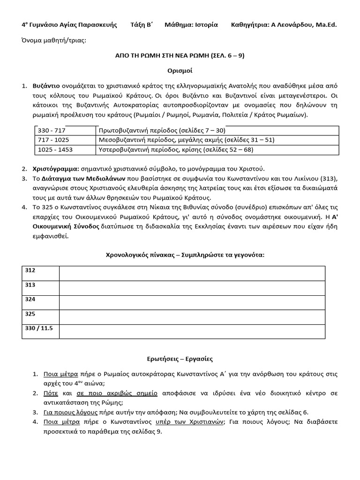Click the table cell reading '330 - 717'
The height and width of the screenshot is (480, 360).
(x=52, y=131)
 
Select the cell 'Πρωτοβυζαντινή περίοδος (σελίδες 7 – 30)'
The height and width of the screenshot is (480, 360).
(x=162, y=131)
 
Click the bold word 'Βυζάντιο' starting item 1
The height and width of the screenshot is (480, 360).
(x=46, y=86)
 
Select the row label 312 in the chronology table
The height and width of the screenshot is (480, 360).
(x=30, y=271)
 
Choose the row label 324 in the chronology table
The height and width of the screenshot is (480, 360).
(x=30, y=299)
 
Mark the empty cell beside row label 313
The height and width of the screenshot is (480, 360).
(x=192, y=288)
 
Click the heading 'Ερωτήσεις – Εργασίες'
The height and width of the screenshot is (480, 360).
(x=180, y=359)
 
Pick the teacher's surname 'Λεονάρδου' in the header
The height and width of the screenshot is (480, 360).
(x=294, y=25)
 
